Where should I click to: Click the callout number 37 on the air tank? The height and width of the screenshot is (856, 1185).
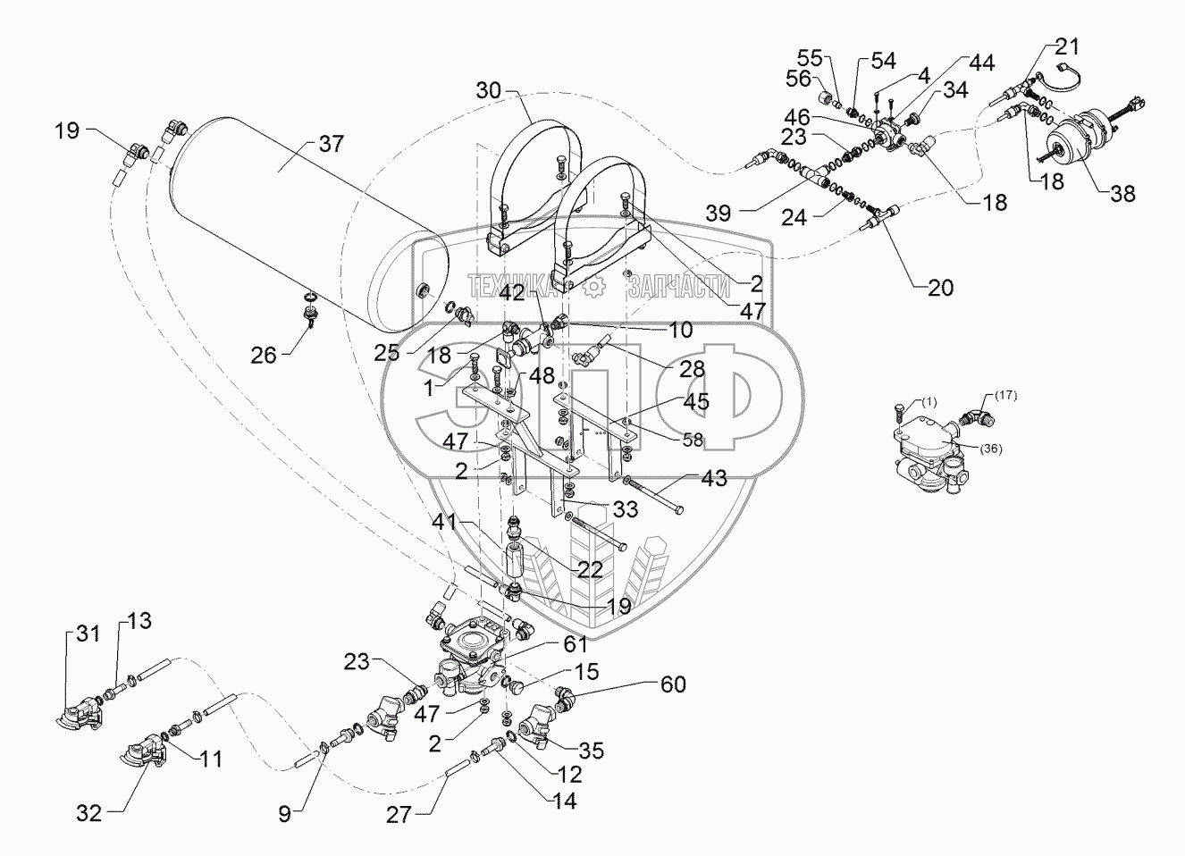(331, 144)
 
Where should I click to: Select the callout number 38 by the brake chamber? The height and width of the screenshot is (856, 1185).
(1122, 192)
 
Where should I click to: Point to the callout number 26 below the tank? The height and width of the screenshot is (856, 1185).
(264, 355)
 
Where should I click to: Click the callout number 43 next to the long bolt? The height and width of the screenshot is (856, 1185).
(714, 478)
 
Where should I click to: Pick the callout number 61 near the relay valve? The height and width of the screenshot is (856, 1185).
(575, 643)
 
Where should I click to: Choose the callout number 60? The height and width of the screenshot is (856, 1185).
(673, 684)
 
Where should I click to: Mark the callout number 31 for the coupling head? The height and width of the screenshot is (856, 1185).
(88, 634)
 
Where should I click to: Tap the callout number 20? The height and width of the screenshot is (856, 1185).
(940, 288)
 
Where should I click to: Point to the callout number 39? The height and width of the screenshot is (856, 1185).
(718, 213)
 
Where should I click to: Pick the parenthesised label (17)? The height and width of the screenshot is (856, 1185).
(1004, 394)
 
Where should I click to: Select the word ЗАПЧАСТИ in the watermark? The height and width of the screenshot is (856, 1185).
(679, 286)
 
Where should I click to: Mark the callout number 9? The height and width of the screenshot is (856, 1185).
(284, 813)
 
